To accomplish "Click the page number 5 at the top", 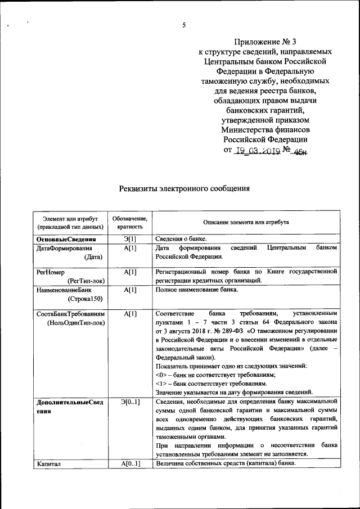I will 183,25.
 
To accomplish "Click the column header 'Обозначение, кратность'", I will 130,223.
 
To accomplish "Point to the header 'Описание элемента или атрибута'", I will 246,223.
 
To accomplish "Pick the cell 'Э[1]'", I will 130,240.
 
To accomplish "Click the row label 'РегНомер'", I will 49,272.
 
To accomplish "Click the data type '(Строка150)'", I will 85,299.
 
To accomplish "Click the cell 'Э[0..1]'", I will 130,402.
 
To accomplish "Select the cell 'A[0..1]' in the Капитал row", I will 130,463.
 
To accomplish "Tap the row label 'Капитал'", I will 48,463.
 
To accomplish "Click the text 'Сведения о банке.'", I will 181,240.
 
